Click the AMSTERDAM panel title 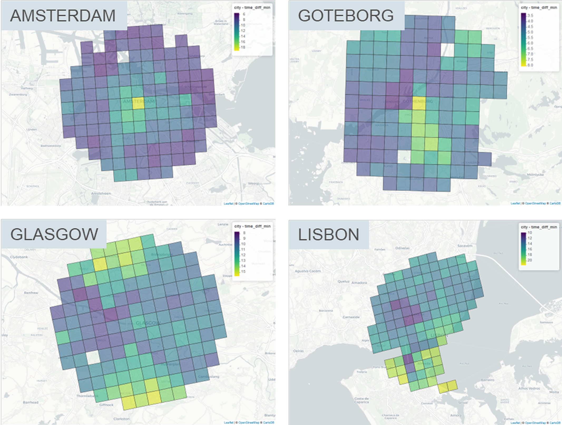[x=63, y=16]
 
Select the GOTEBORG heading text [x=346, y=16]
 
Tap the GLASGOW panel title [x=54, y=234]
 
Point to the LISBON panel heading [x=329, y=235]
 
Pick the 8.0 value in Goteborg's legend [x=530, y=65]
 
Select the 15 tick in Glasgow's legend [x=243, y=271]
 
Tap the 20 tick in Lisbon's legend [x=530, y=260]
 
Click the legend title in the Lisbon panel [x=539, y=227]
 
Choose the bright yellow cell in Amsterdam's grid [x=138, y=103]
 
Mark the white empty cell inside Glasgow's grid [x=93, y=358]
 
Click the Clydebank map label [x=19, y=257]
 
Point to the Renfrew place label [x=31, y=292]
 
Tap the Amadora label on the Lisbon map [x=359, y=283]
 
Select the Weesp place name [x=253, y=183]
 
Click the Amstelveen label [x=101, y=193]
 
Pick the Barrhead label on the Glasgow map [x=31, y=402]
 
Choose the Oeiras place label [x=298, y=351]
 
